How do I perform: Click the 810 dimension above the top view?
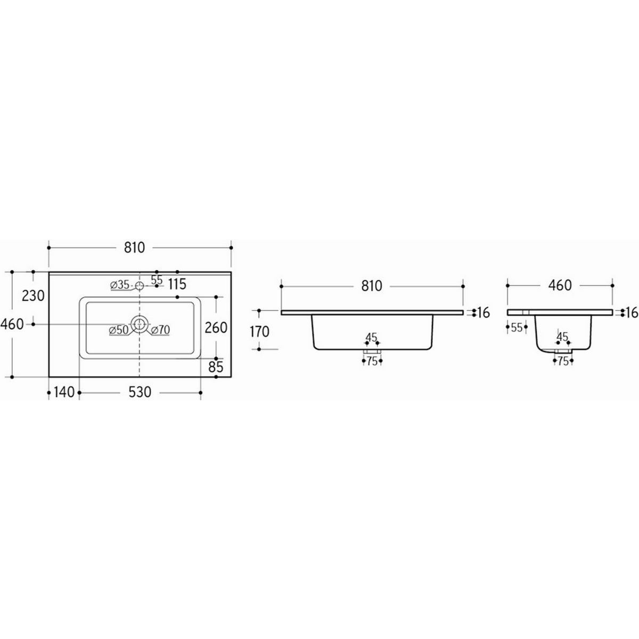coord(135,248)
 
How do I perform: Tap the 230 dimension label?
coord(33,296)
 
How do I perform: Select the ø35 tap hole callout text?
coord(120,285)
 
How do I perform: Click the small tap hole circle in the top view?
coord(140,285)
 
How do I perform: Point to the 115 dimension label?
coord(177,284)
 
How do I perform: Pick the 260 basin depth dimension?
coord(216,327)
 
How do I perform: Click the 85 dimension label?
coord(216,367)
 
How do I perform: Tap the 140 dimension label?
coord(64,392)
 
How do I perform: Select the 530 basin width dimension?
coord(140,392)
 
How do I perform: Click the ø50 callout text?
coord(119,330)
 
